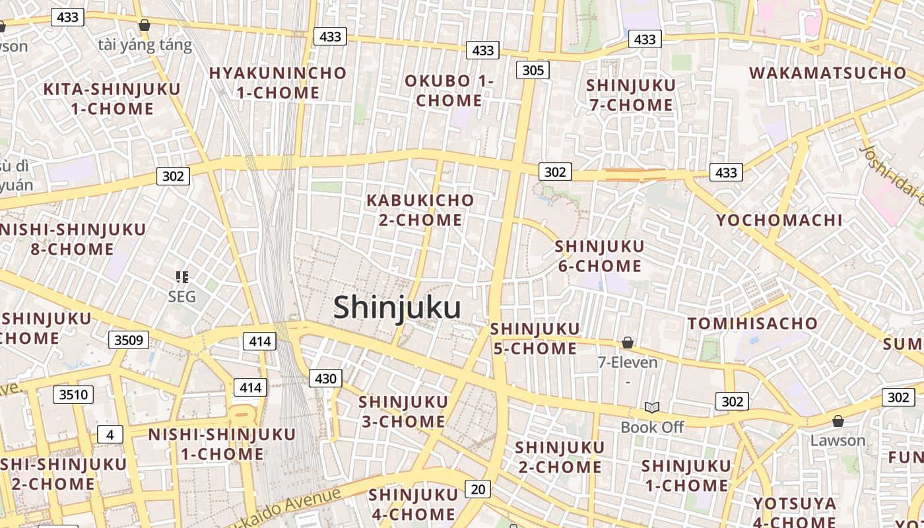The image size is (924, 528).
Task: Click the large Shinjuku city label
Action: [x=397, y=308]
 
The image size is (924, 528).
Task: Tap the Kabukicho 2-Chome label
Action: [x=420, y=210]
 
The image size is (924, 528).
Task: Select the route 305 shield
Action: [x=533, y=70]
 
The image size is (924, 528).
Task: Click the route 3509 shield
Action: [x=129, y=340]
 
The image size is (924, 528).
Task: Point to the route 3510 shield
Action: [x=73, y=395]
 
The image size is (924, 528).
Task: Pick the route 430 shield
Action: [x=325, y=378]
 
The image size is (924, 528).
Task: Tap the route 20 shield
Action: [x=478, y=489]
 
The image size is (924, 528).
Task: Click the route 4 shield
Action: [x=110, y=434]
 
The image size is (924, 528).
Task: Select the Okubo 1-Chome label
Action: [x=449, y=90]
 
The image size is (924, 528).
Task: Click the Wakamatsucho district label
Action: [x=828, y=73]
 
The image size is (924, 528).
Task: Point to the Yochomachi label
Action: [x=779, y=220]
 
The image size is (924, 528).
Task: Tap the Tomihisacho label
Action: [x=752, y=323]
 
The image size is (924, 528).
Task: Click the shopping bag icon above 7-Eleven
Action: [x=628, y=343]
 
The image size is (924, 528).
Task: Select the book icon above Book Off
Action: [x=652, y=407]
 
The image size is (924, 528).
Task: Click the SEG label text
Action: [x=181, y=296]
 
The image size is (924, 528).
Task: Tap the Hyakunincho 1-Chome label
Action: [x=278, y=82]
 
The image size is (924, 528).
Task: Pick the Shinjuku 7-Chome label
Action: [x=630, y=95]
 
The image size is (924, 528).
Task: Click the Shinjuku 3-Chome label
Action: [x=403, y=411]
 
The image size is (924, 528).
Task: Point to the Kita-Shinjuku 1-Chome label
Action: [x=111, y=99]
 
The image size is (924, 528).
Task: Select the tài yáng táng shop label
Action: [x=145, y=45]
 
